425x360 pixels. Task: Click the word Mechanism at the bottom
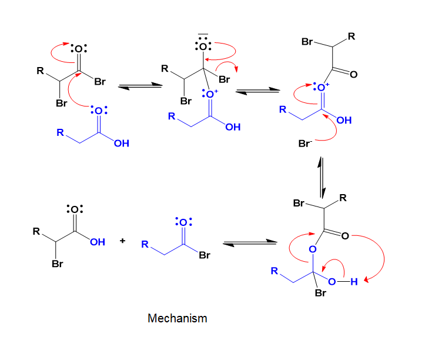tap(178, 318)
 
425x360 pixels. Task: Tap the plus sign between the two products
tap(122, 241)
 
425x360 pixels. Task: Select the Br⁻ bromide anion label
tap(305, 144)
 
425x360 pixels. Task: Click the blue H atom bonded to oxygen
tap(354, 282)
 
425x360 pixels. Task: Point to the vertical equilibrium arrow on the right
tap(322, 178)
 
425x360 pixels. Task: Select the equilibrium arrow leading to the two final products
tap(250, 243)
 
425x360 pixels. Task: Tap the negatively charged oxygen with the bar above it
tap(203, 46)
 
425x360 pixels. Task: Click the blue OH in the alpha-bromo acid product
tap(98, 242)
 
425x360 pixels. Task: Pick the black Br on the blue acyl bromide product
tap(205, 255)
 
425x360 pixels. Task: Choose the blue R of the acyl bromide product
tap(145, 244)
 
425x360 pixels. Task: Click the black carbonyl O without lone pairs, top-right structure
tap(353, 74)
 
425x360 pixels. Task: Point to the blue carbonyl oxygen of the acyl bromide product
tap(183, 222)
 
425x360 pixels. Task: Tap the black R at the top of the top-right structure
tap(352, 36)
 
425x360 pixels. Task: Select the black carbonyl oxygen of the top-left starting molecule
tap(79, 49)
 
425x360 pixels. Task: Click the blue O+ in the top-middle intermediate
tap(210, 94)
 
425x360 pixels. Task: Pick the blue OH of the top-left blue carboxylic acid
tap(122, 144)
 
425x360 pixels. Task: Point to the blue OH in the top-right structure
tap(344, 120)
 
